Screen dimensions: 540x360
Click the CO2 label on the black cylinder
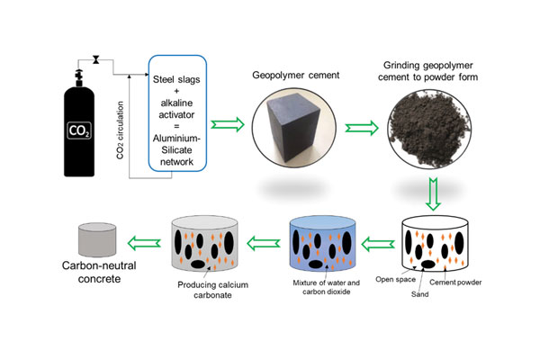[79, 130]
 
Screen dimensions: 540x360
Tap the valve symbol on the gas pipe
[95, 60]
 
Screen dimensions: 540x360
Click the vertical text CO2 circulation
[120, 130]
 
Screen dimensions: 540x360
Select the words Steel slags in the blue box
[176, 79]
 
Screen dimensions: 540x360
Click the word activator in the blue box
[176, 114]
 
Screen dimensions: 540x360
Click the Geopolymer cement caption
[296, 75]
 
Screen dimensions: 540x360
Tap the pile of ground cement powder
[429, 129]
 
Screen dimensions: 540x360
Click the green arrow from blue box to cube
[228, 125]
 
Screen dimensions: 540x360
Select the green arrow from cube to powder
[362, 128]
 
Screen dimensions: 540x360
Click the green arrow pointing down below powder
[433, 194]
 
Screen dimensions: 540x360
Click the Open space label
[395, 279]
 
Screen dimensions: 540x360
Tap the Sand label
[419, 294]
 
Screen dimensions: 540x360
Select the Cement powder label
[455, 283]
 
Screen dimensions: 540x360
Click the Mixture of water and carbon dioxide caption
[326, 287]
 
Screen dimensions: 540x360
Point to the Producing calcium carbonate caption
[212, 290]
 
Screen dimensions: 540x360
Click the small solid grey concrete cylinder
[97, 239]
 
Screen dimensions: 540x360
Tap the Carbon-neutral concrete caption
[99, 272]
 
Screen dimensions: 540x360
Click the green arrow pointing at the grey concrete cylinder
[144, 243]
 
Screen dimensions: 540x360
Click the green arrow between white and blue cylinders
[378, 244]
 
